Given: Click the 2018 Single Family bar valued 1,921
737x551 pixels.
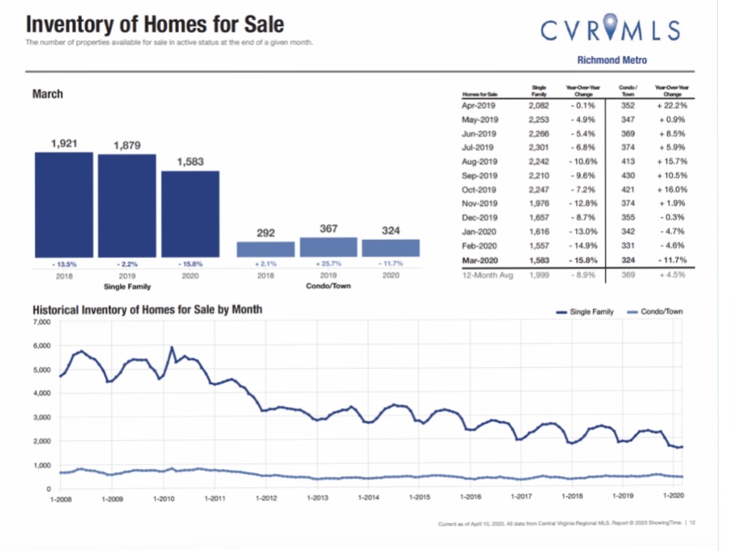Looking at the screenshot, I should (x=64, y=205).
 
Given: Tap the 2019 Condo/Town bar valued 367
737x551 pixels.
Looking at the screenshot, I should (x=328, y=247).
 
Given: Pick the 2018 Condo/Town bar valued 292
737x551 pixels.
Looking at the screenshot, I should (x=266, y=249).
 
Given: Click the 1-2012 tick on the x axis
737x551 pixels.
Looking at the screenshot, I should (x=266, y=497).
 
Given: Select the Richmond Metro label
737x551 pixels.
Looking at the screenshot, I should (x=612, y=61).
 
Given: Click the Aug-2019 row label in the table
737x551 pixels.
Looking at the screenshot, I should (x=479, y=162).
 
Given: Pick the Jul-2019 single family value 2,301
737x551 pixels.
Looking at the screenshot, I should (x=539, y=148).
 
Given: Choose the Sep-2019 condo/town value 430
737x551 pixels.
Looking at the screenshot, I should (x=627, y=175).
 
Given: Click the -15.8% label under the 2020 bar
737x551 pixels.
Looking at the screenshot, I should (x=190, y=263).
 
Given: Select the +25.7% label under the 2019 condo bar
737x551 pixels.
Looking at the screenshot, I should (x=328, y=263).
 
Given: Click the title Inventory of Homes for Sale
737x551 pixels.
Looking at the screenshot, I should (x=155, y=25).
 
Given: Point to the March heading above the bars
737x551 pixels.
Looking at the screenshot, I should (x=48, y=94).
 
